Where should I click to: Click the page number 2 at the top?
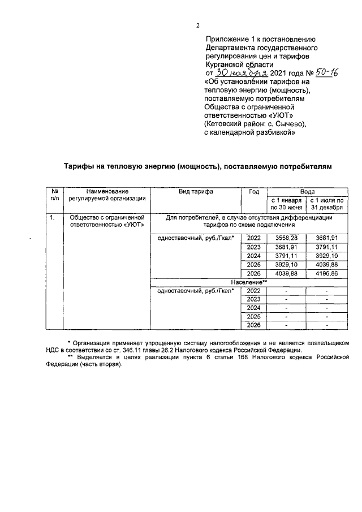(x=197, y=25)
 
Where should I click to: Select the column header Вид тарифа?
(x=196, y=192)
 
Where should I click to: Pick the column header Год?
(x=253, y=192)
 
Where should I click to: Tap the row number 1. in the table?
(x=52, y=217)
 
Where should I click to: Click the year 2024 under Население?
(x=253, y=307)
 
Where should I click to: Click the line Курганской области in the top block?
(x=235, y=64)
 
